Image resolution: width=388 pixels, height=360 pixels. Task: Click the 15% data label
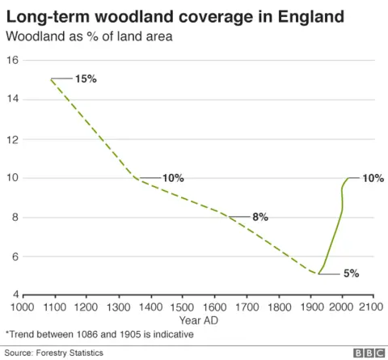[x=86, y=78]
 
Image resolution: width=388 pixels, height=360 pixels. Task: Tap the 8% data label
[x=259, y=217]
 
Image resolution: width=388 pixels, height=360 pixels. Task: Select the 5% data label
[x=351, y=273]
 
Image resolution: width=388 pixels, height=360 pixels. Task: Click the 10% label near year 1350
[x=173, y=178]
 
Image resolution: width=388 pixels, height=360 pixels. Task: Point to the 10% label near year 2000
[x=373, y=178]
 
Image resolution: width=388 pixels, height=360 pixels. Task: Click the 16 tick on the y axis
[x=13, y=60]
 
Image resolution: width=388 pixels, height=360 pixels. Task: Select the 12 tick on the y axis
[x=13, y=138]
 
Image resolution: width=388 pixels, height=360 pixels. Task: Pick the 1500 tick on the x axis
[x=182, y=307]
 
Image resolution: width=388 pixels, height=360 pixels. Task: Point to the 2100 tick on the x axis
[x=371, y=307]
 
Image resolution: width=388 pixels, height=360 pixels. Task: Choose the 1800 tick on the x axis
[x=278, y=307]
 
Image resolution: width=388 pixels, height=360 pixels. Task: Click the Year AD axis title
[x=197, y=320]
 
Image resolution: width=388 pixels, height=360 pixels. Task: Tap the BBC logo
[x=368, y=353]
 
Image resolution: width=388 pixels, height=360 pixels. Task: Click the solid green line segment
[x=335, y=235]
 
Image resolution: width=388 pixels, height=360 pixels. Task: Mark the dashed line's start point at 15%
[x=51, y=78]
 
